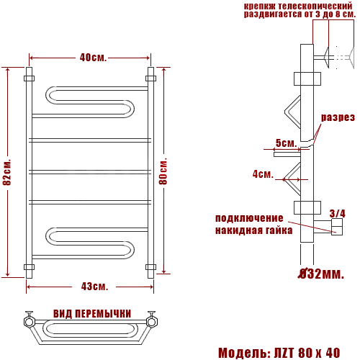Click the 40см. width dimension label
[x=93, y=58]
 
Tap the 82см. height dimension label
[x=7, y=172]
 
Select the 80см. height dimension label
[x=163, y=171]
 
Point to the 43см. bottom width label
[x=94, y=287]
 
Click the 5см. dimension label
[x=287, y=143]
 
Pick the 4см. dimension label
[x=263, y=174]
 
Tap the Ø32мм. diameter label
[x=321, y=274]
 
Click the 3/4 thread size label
[x=338, y=213]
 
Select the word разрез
[x=338, y=117]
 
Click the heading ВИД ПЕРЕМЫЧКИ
[x=92, y=313]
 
